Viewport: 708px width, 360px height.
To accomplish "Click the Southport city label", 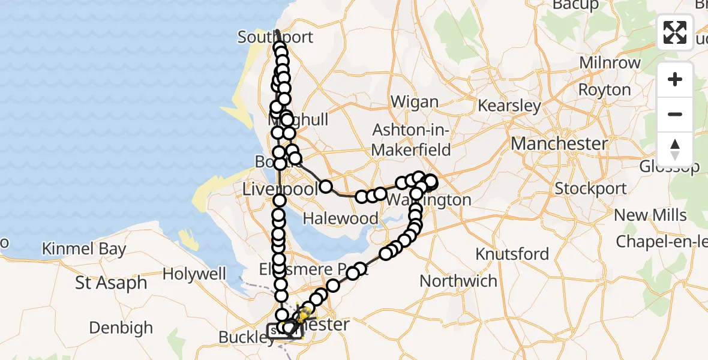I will click(x=275, y=37).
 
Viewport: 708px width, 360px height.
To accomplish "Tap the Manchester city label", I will click(x=559, y=144).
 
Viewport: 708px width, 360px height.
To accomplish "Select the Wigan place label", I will click(x=414, y=102).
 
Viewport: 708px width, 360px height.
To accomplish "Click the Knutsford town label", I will click(x=512, y=254).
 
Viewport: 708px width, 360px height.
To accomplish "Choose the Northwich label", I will click(x=458, y=281).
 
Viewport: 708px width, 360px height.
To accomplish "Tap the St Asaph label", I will click(x=112, y=283).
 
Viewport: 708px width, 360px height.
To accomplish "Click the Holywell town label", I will click(x=194, y=274).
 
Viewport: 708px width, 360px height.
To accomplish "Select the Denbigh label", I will click(x=121, y=328).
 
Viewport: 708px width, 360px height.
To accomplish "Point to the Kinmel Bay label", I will click(x=84, y=249).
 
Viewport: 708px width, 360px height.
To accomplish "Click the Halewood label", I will click(x=341, y=218).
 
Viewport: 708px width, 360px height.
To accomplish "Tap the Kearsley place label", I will click(x=509, y=106).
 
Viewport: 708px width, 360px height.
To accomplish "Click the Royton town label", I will click(x=604, y=90).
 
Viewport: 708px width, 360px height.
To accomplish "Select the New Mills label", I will click(x=650, y=215).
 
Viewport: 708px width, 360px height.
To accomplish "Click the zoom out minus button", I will click(x=675, y=114).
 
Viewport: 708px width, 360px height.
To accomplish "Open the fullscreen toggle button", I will click(x=675, y=32).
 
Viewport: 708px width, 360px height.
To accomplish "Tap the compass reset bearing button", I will click(x=675, y=149).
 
